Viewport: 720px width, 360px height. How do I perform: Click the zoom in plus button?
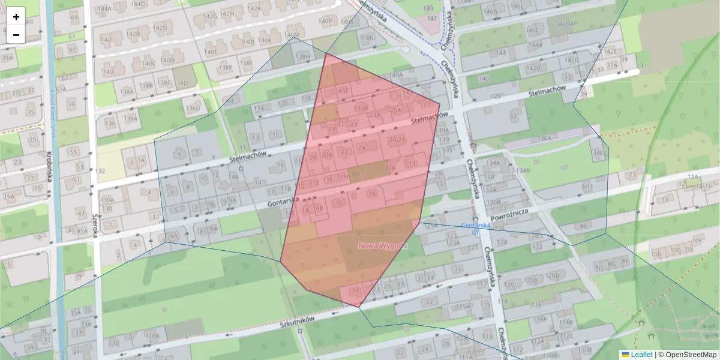point(16,17)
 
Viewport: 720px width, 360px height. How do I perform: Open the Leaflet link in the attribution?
point(641,355)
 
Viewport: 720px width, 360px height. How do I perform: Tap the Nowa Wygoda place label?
point(383,245)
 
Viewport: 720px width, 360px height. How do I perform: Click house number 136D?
point(193,109)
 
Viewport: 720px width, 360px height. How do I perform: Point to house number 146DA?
point(565,24)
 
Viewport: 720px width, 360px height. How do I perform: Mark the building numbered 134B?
point(522,170)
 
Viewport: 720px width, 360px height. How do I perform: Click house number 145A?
point(396,74)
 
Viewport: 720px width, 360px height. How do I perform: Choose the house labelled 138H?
point(304,57)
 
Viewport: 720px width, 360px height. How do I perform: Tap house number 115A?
point(463,307)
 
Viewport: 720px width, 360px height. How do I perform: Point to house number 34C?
point(598,152)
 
